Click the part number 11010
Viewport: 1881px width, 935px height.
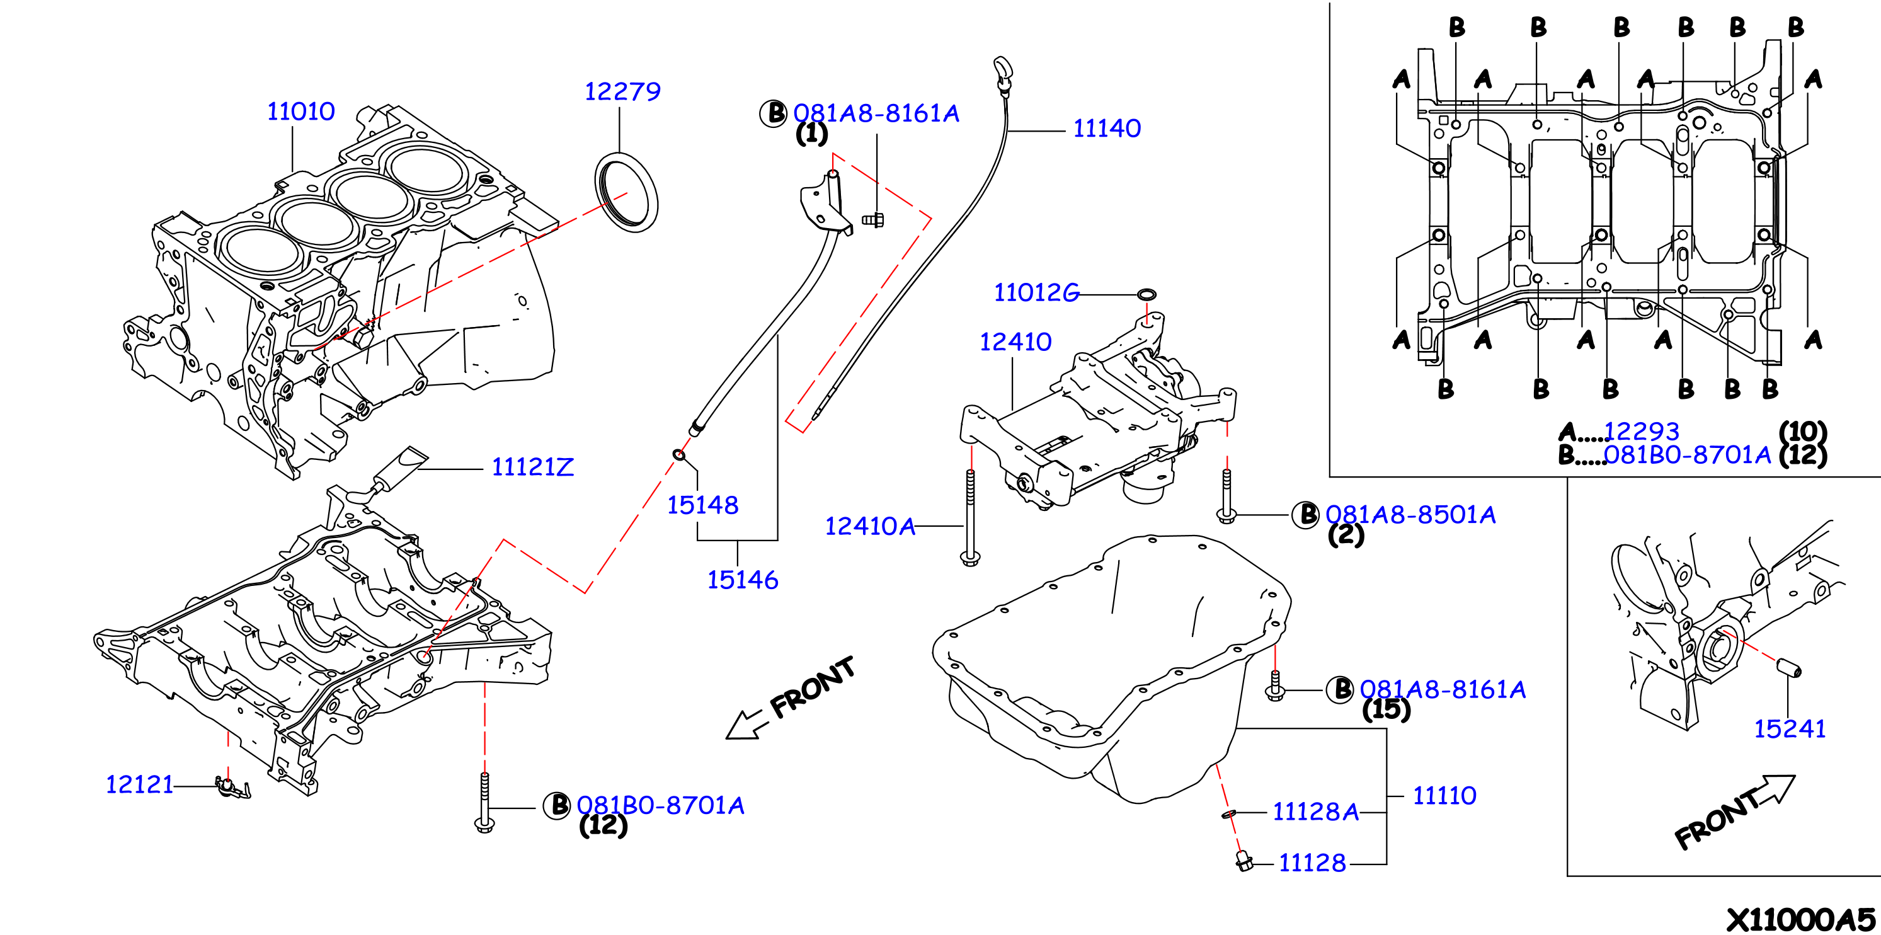301,112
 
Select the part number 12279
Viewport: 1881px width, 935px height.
622,91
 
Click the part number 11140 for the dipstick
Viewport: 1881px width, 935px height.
1106,129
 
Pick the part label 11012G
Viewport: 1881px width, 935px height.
1036,293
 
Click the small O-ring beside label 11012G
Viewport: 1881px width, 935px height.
1146,294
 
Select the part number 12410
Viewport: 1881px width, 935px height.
1015,342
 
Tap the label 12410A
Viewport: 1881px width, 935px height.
870,526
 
